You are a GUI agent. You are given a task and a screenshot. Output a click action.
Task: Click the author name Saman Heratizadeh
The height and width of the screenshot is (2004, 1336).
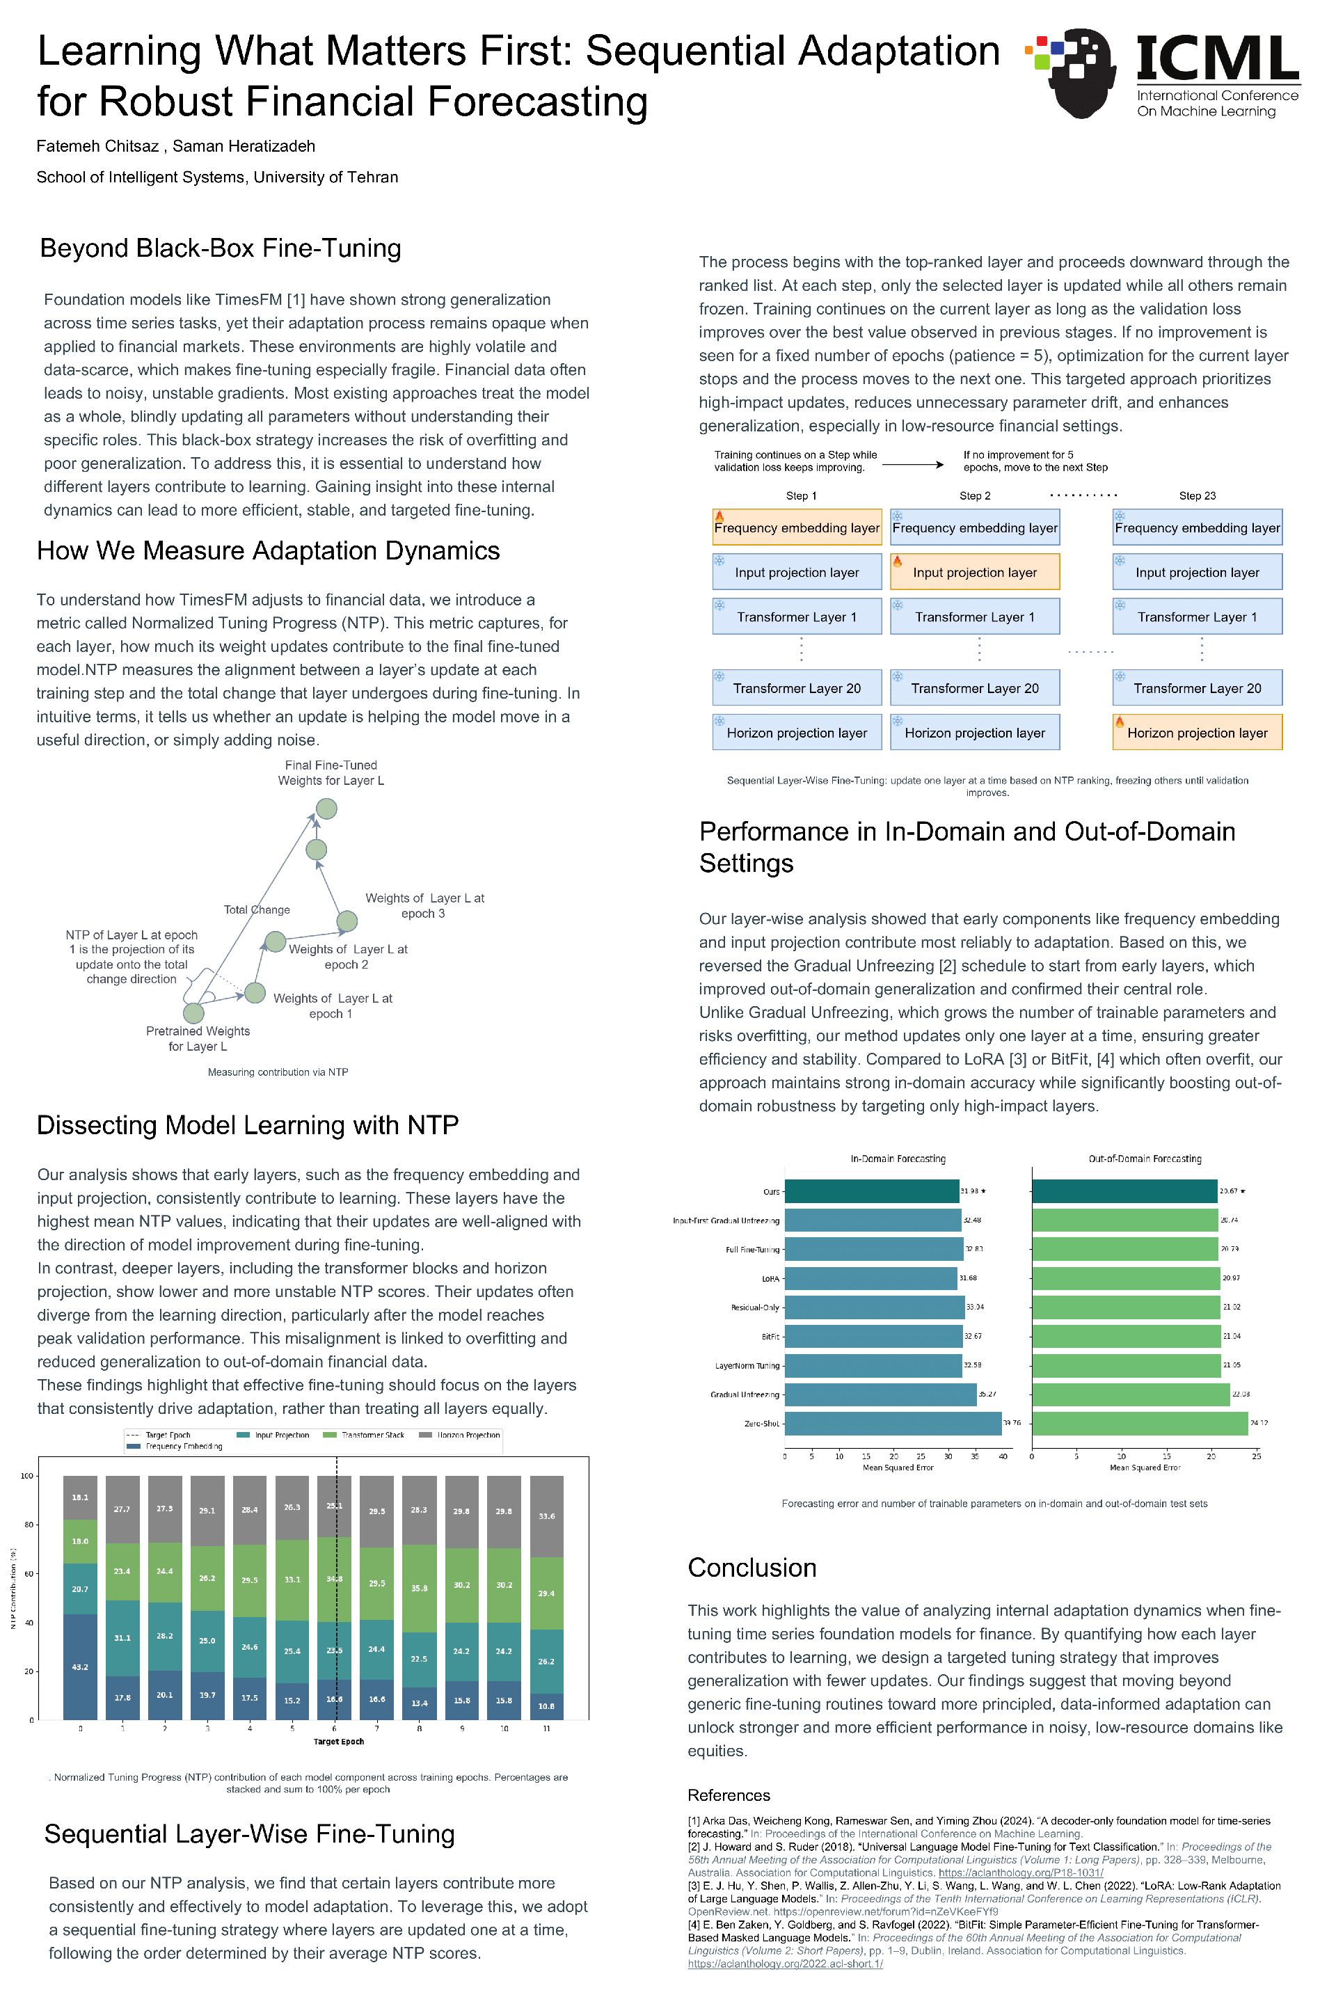click(x=244, y=145)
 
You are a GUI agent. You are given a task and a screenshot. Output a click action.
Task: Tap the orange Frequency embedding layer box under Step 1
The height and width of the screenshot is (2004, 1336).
click(x=797, y=527)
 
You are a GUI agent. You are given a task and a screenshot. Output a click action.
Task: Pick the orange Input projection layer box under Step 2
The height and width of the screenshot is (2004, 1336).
click(x=975, y=572)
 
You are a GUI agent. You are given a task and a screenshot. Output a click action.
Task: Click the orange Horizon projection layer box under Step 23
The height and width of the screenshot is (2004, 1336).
click(x=1197, y=733)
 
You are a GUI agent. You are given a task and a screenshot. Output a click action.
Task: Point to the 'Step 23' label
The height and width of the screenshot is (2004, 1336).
click(x=1197, y=496)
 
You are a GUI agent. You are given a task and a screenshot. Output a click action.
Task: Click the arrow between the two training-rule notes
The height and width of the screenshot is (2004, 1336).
click(x=912, y=464)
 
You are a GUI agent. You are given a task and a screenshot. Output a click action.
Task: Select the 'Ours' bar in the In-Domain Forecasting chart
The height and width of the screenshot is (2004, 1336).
click(x=872, y=1191)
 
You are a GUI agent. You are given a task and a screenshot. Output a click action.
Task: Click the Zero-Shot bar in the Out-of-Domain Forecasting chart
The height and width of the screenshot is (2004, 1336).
click(x=1139, y=1423)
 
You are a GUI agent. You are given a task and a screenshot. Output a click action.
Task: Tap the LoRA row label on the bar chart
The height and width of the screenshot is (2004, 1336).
click(x=770, y=1279)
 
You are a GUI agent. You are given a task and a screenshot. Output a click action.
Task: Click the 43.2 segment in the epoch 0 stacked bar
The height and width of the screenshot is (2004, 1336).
click(x=80, y=1667)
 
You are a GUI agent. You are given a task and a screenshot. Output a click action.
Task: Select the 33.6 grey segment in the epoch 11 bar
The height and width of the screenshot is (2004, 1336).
click(x=546, y=1517)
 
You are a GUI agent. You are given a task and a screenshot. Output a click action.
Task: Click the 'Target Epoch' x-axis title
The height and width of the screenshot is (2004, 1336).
click(x=338, y=1742)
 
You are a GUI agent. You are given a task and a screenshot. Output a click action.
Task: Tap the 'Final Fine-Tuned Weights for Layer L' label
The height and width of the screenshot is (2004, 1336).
click(x=331, y=773)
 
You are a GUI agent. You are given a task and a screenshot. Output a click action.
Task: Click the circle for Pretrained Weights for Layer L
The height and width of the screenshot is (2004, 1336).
click(x=194, y=1013)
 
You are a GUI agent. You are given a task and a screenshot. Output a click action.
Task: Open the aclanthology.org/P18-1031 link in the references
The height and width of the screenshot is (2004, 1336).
click(x=1021, y=1872)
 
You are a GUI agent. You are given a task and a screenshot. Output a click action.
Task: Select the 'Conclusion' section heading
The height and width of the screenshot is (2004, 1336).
click(x=751, y=1568)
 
